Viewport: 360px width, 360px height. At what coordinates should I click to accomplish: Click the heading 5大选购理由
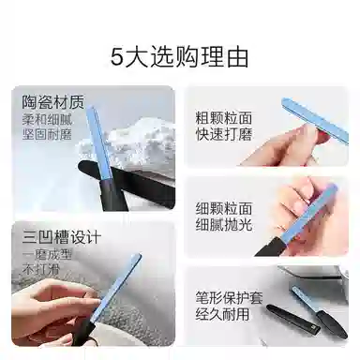point(180,56)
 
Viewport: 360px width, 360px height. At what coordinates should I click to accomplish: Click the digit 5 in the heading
point(117,56)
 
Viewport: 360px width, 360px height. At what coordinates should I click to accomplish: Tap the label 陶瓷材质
point(46,102)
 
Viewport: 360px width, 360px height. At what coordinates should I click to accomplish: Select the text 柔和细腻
point(45,121)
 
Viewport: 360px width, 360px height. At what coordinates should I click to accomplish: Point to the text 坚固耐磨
point(45,135)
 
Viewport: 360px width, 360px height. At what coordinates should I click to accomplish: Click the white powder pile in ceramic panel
point(141,141)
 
